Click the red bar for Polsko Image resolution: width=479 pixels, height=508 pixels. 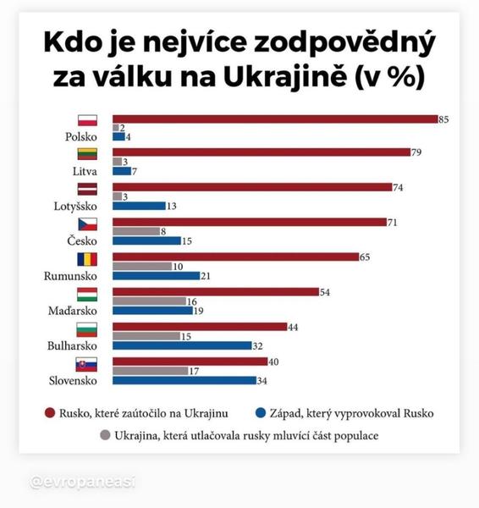[x=274, y=119]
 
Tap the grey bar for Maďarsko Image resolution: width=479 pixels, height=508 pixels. [x=149, y=301]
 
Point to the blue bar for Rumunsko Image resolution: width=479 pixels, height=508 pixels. [x=156, y=275]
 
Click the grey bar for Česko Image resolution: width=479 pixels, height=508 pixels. [x=135, y=230]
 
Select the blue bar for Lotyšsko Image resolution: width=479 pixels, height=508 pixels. [x=138, y=206]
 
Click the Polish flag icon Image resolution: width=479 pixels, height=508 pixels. [x=88, y=120]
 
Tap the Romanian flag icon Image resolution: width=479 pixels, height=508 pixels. [x=88, y=259]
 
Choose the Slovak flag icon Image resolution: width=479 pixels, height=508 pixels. [x=88, y=364]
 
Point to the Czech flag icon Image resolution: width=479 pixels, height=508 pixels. [x=88, y=224]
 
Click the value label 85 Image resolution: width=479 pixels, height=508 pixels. [x=443, y=119]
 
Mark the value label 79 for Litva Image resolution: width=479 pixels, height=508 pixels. [x=416, y=152]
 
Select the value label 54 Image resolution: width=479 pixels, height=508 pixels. [x=325, y=292]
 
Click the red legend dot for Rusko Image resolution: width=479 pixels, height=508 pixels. [x=50, y=413]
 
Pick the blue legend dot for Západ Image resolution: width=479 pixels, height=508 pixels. [x=261, y=413]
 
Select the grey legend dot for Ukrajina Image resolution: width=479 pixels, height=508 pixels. [x=105, y=436]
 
